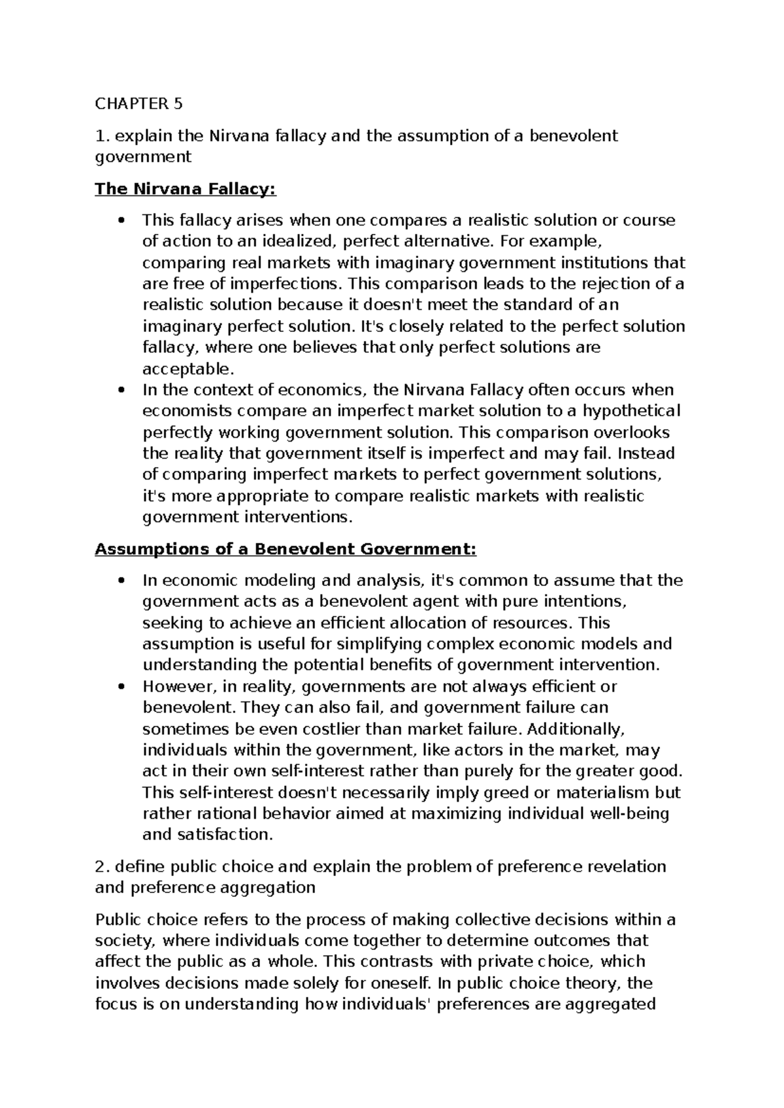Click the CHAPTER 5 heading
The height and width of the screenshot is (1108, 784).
click(139, 104)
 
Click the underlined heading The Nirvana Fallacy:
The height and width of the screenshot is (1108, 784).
click(186, 189)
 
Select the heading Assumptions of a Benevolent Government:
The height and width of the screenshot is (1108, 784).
click(286, 549)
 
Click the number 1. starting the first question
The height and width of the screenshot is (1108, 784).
click(100, 136)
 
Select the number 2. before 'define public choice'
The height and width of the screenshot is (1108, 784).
click(101, 867)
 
